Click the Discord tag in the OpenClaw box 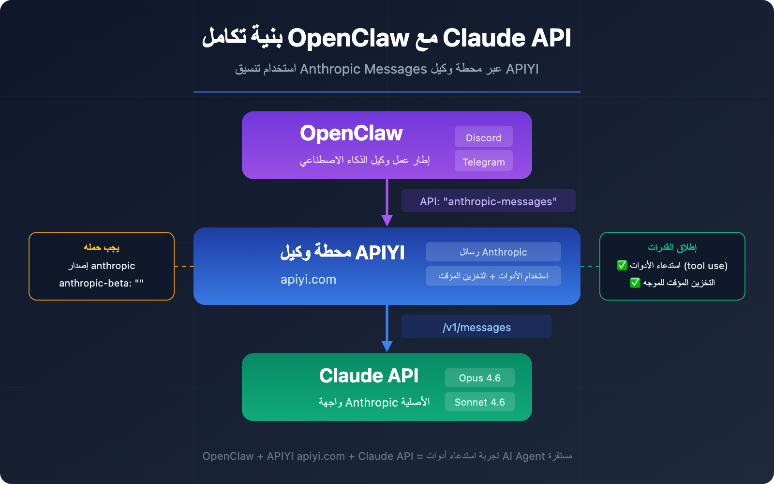(x=483, y=137)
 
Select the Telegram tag (x=483, y=162)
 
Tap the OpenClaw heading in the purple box (x=351, y=133)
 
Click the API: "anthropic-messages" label (x=488, y=201)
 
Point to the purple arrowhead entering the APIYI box (x=387, y=220)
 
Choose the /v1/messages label (x=476, y=327)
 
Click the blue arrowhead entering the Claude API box (x=387, y=346)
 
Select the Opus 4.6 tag (x=479, y=378)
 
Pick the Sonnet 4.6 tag (x=479, y=402)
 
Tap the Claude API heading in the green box (x=369, y=376)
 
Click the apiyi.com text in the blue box (x=308, y=279)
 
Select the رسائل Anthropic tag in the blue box (x=493, y=252)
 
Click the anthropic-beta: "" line (x=101, y=283)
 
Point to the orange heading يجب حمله (x=102, y=247)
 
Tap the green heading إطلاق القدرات (x=672, y=247)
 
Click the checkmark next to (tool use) (x=622, y=265)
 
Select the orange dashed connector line (x=184, y=266)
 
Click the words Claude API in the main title (x=507, y=38)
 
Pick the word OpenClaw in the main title (x=348, y=38)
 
